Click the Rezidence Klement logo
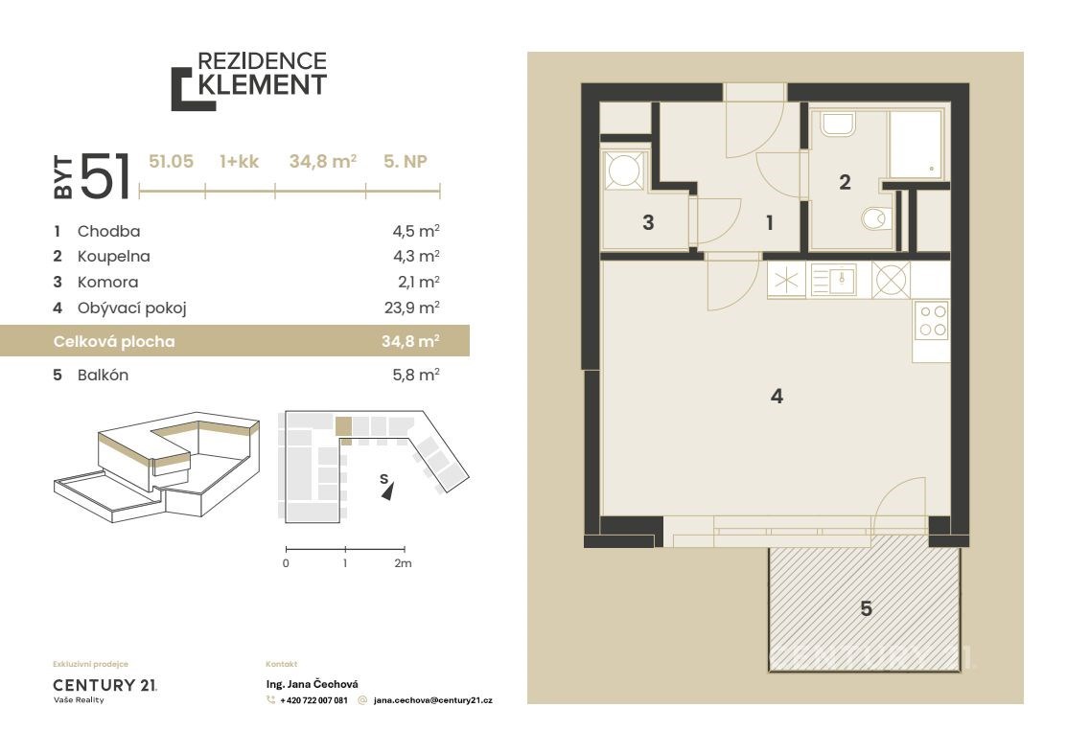click(x=249, y=80)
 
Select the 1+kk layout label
click(x=240, y=161)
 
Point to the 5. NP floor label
click(x=406, y=161)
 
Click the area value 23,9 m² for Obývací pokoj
click(x=412, y=308)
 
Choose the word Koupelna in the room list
click(x=114, y=257)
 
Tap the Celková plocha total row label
click(x=114, y=341)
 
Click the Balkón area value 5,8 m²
click(x=416, y=375)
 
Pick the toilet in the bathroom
click(x=876, y=218)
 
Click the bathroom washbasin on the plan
click(x=838, y=124)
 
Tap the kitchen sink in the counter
click(x=834, y=280)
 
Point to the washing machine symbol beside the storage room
click(x=625, y=171)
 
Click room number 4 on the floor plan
click(x=777, y=396)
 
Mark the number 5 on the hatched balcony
click(x=867, y=608)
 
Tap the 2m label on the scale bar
click(x=403, y=563)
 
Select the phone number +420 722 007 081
click(x=313, y=700)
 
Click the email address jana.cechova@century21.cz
click(x=432, y=700)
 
